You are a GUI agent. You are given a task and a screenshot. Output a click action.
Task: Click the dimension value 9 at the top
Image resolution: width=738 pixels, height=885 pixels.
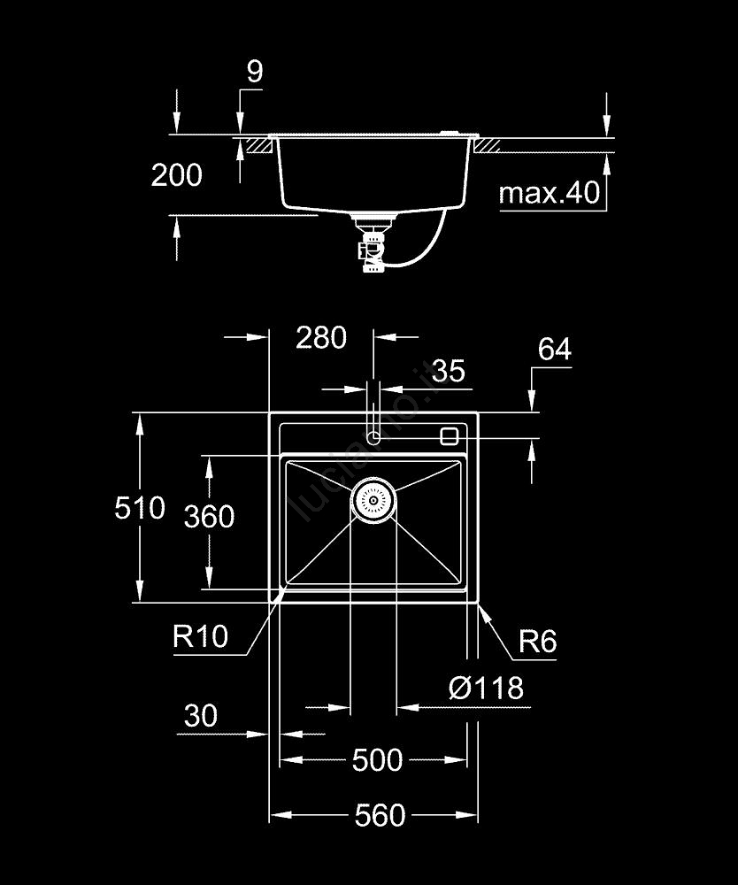(255, 72)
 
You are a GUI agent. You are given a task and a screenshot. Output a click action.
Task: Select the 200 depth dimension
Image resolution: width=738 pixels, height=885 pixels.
(176, 175)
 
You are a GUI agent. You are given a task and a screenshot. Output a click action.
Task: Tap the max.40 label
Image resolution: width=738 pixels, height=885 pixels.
(550, 193)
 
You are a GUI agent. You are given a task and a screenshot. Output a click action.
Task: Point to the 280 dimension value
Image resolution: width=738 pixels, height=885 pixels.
(320, 337)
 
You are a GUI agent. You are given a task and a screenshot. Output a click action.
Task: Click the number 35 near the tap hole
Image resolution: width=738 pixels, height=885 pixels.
(449, 370)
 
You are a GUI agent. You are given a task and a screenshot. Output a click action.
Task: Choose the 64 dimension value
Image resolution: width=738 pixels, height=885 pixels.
(554, 350)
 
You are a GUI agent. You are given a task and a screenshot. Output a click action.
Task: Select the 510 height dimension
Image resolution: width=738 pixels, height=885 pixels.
(140, 508)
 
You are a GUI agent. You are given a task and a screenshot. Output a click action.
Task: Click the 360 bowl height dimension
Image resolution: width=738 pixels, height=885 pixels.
(209, 516)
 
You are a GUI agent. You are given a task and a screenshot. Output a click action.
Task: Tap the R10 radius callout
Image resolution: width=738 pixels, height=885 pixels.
(201, 635)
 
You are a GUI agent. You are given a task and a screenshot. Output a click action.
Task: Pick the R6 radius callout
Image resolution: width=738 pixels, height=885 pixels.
(537, 641)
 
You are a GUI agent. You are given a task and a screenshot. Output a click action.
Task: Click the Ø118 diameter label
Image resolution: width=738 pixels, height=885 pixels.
(486, 688)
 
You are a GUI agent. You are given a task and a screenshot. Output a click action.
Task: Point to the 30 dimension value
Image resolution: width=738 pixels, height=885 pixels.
(201, 715)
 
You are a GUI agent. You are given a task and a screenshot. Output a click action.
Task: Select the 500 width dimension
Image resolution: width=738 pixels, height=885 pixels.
(377, 760)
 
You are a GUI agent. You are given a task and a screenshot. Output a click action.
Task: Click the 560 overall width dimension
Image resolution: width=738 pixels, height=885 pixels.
(380, 815)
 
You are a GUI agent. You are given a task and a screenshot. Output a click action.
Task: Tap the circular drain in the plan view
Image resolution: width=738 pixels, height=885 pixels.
(373, 501)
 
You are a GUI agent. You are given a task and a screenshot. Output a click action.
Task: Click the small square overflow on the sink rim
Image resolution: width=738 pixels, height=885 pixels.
(449, 435)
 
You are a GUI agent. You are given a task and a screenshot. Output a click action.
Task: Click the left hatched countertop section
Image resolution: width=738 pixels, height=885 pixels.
(259, 144)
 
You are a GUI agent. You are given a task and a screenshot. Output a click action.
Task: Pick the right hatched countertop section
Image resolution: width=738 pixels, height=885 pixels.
(489, 144)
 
